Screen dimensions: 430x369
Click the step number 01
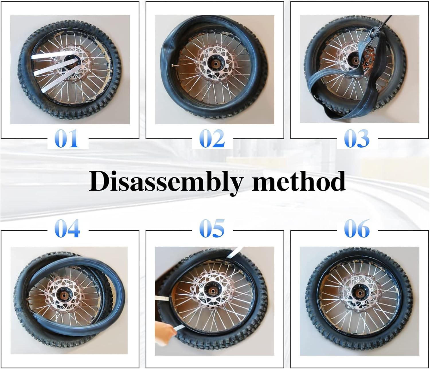67,138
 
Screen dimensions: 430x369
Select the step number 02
212,138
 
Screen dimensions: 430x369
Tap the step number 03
357,138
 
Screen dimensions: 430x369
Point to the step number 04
67,228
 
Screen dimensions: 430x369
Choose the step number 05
212,228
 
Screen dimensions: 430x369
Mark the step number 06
357,228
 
